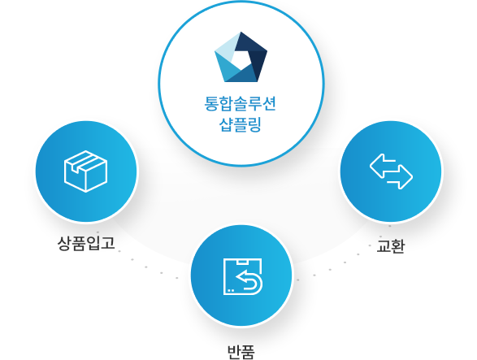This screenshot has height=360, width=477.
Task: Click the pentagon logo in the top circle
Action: tap(241, 57)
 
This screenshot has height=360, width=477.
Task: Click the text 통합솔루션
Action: tap(240, 104)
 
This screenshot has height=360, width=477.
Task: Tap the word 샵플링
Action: tap(241, 124)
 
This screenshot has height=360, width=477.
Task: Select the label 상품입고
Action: tap(86, 243)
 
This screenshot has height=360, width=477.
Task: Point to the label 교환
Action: tap(391, 245)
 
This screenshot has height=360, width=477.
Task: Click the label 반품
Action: tap(241, 352)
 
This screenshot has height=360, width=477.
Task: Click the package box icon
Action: tap(86, 171)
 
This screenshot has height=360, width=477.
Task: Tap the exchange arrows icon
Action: tap(391, 171)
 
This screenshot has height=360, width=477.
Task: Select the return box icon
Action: tap(243, 276)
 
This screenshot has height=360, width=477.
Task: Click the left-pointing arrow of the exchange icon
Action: tap(383, 166)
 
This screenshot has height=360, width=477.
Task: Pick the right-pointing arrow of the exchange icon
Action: tap(400, 177)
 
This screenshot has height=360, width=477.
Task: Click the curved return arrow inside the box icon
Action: tap(249, 281)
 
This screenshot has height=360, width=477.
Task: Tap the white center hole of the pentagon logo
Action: tap(241, 59)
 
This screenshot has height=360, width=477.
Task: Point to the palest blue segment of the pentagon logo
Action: tap(227, 46)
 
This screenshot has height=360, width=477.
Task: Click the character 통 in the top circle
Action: tap(211, 104)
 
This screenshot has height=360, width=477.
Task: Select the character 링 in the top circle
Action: tap(254, 124)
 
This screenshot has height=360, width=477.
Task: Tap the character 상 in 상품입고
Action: tap(64, 244)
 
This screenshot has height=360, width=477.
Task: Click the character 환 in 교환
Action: tap(398, 245)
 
